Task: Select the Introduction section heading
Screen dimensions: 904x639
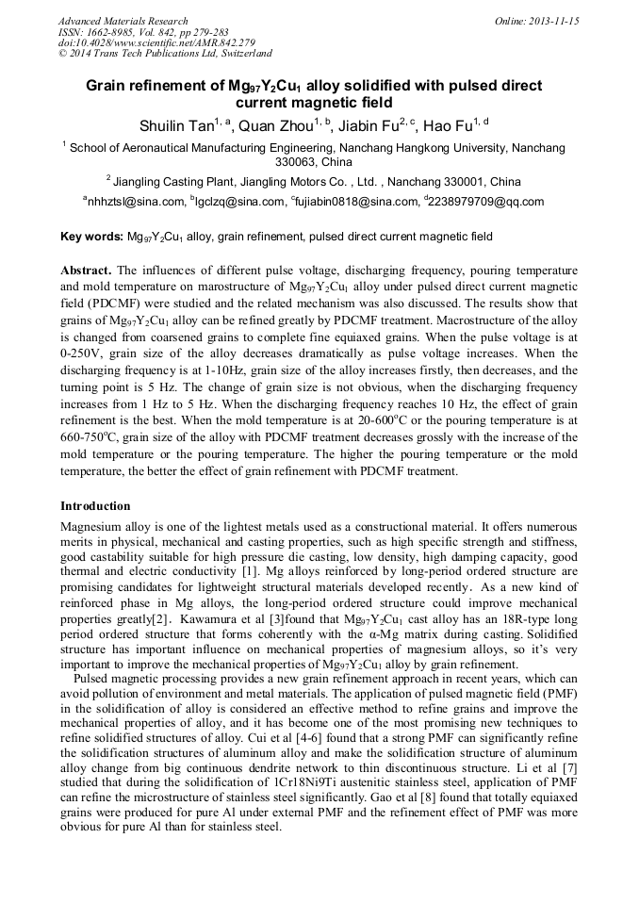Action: point(95,506)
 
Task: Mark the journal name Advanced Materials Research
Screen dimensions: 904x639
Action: point(123,21)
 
